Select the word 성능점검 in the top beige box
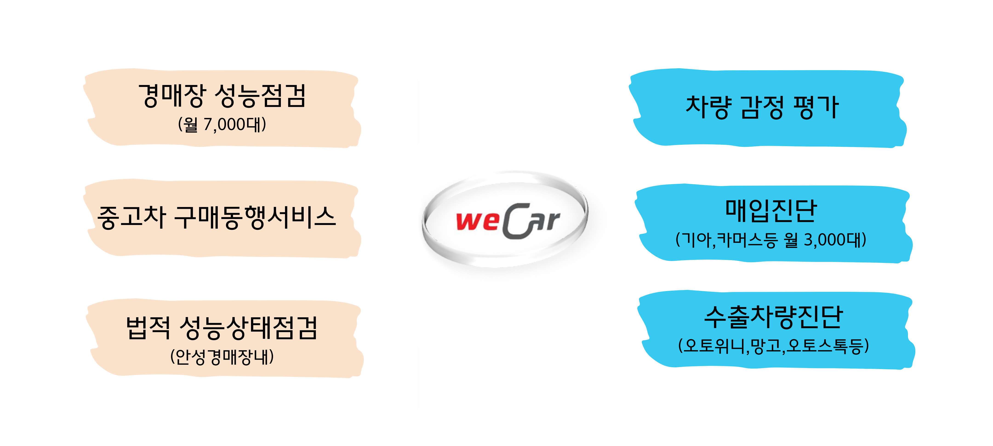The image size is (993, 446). click(260, 96)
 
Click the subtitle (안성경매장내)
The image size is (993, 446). click(222, 357)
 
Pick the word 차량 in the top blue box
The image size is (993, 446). click(708, 107)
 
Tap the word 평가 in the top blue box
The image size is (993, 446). click(816, 107)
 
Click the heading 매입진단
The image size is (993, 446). click(771, 211)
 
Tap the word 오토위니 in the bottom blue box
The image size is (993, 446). click(715, 346)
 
